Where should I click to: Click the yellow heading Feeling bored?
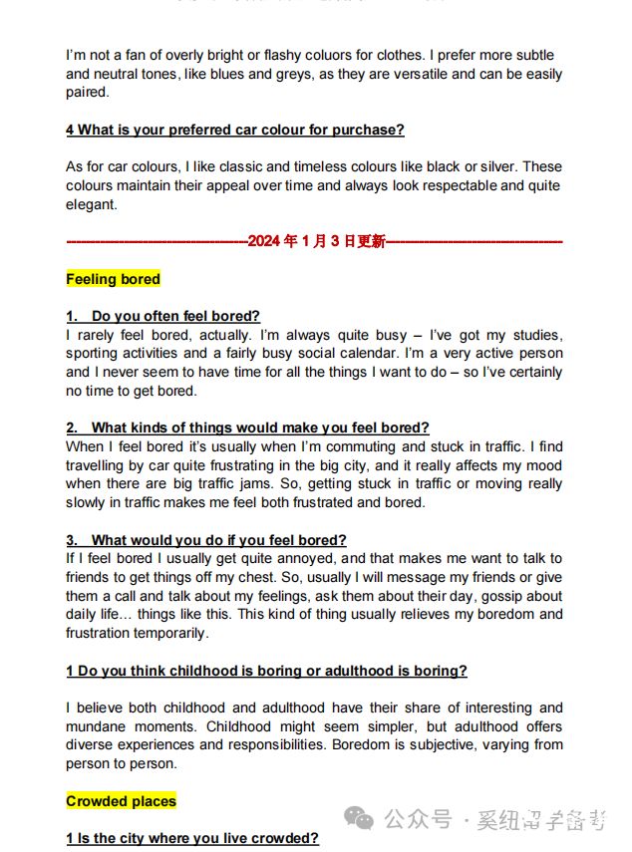point(113,279)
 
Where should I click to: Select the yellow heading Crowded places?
point(121,801)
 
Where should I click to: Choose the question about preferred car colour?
point(235,130)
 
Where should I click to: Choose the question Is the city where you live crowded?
point(192,839)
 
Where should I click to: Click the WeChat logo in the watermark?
point(359,818)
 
